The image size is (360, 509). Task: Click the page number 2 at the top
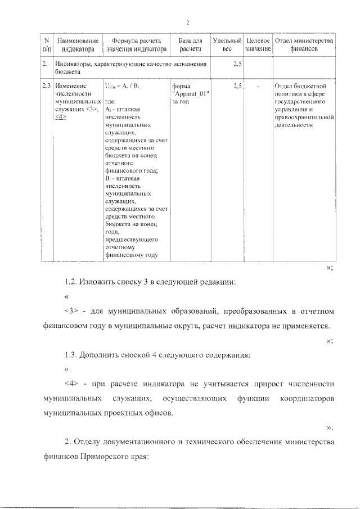pyautogui.click(x=188, y=22)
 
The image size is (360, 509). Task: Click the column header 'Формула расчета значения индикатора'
pyautogui.click(x=136, y=45)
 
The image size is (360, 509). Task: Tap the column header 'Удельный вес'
pyautogui.click(x=227, y=45)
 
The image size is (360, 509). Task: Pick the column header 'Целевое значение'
pyautogui.click(x=259, y=45)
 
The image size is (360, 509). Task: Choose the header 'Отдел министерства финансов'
pyautogui.click(x=304, y=45)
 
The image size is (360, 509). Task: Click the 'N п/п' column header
pyautogui.click(x=46, y=45)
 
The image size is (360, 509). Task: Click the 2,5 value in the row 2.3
pyautogui.click(x=237, y=86)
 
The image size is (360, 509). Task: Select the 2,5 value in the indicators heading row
pyautogui.click(x=237, y=65)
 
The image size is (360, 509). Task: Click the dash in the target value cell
pyautogui.click(x=258, y=86)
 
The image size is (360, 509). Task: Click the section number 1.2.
pyautogui.click(x=71, y=281)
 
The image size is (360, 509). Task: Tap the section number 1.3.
pyautogui.click(x=71, y=354)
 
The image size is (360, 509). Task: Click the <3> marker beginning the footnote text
pyautogui.click(x=71, y=311)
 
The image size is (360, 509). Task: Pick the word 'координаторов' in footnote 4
pyautogui.click(x=307, y=398)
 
